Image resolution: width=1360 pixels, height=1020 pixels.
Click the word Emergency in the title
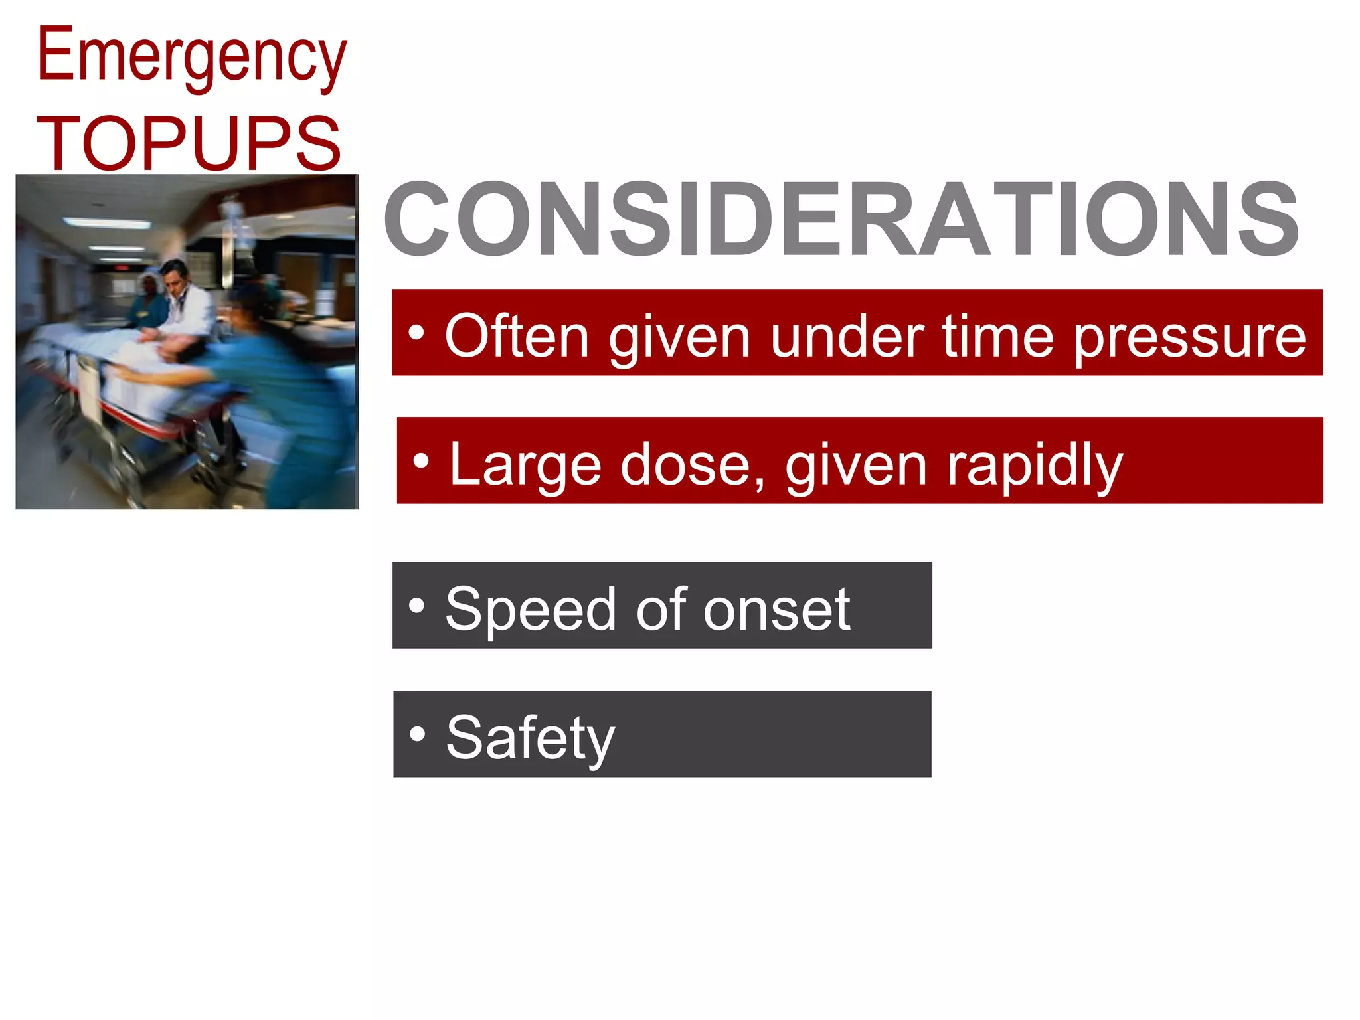point(191,56)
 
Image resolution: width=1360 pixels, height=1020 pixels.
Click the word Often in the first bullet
point(517,337)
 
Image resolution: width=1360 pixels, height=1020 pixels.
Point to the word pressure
point(1189,337)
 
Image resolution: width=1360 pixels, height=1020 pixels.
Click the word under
point(847,337)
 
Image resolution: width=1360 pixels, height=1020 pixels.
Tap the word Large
point(525,465)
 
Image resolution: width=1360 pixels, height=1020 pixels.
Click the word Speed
point(531,609)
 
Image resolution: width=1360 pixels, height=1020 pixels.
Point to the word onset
point(776,609)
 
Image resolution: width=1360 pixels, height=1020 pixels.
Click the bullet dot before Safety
point(417,734)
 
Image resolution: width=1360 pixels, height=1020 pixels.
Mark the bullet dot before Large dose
point(420,460)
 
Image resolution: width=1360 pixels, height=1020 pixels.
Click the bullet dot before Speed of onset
point(416,605)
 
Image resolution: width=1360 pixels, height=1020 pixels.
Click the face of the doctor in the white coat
point(175,278)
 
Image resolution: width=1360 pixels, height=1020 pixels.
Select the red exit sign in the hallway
point(122,268)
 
